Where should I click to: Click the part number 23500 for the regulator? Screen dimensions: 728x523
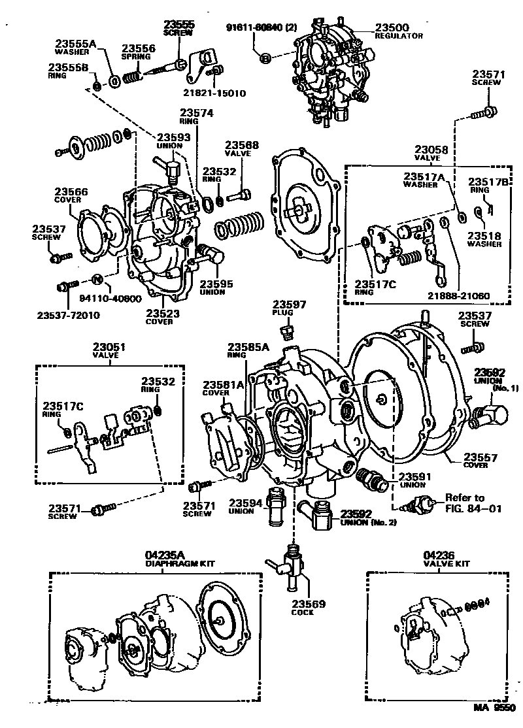tap(392, 27)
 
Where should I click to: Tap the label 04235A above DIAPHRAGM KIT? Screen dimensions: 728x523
tap(170, 555)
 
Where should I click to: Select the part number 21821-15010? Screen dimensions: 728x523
tap(214, 93)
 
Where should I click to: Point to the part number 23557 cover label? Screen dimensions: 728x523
tap(481, 457)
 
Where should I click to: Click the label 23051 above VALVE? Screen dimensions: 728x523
tap(109, 347)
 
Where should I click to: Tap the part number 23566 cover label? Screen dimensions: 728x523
tap(71, 192)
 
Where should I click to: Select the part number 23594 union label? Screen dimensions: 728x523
tap(245, 503)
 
